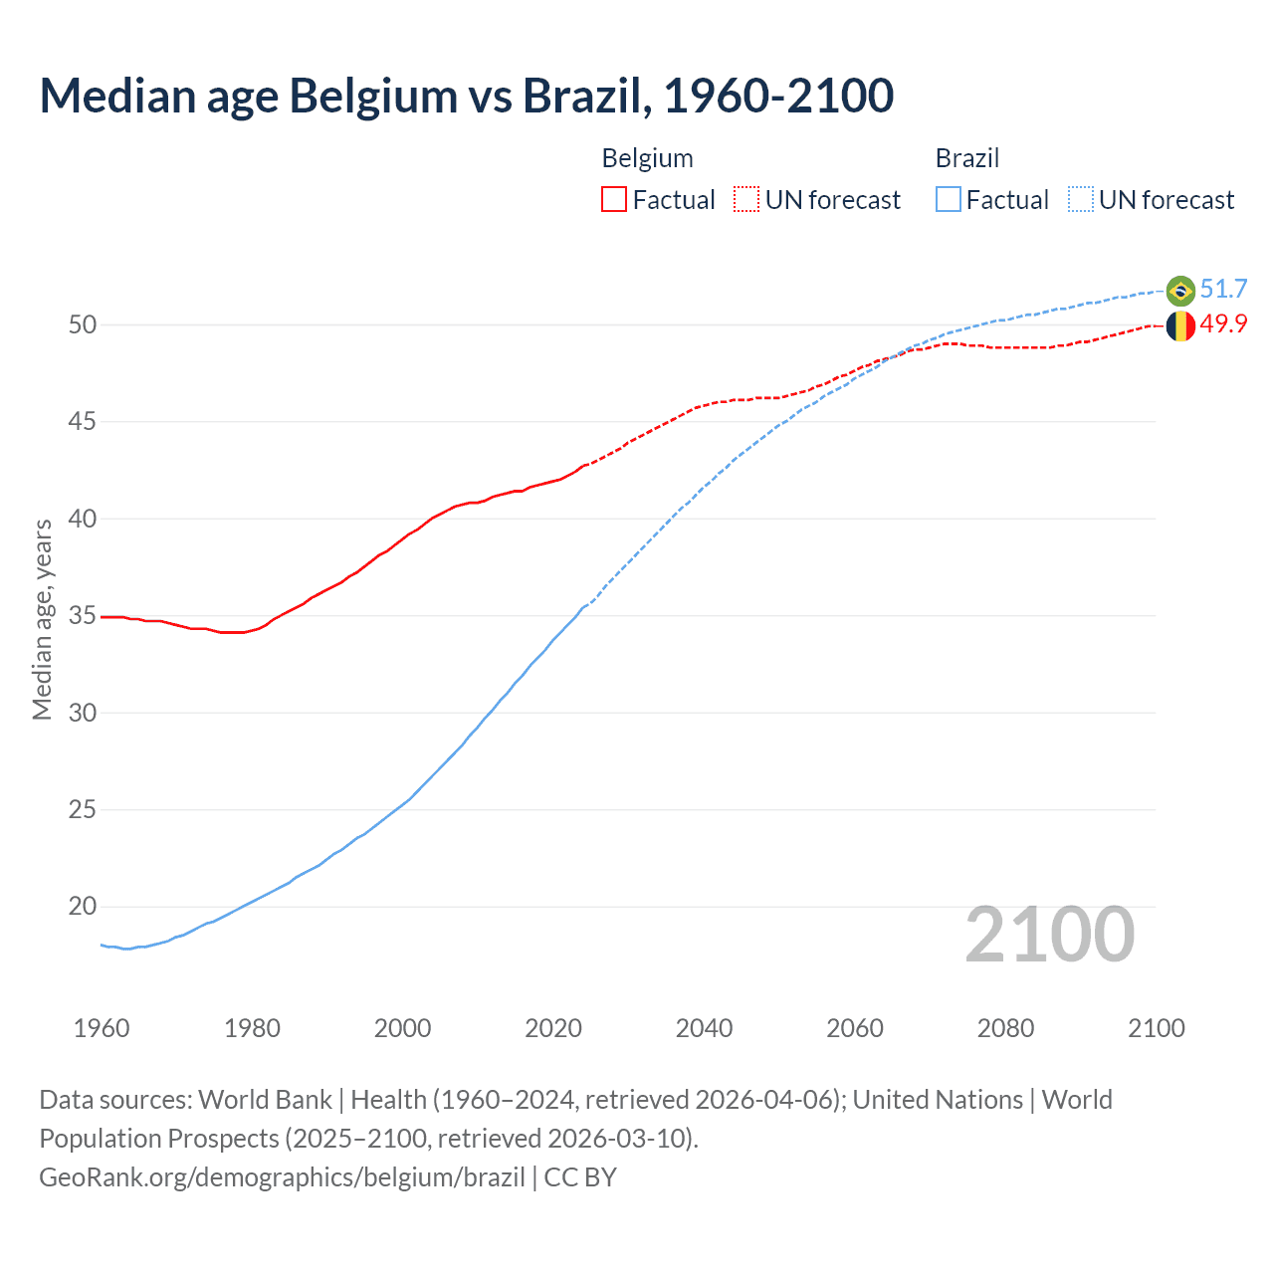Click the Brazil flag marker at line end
1180,291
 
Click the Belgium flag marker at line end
1180,325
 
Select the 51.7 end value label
1223,290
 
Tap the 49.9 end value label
1223,324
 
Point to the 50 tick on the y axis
83,325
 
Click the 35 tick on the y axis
83,616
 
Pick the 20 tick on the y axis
83,907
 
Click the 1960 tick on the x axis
102,1028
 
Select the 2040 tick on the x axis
704,1028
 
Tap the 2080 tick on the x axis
1005,1028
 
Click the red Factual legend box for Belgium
614,200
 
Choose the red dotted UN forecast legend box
746,200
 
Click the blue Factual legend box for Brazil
949,200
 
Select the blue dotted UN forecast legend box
1080,200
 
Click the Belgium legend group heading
647,158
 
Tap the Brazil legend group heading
966,158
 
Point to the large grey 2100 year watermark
1049,935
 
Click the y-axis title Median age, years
42,619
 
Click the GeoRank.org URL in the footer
282,1177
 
